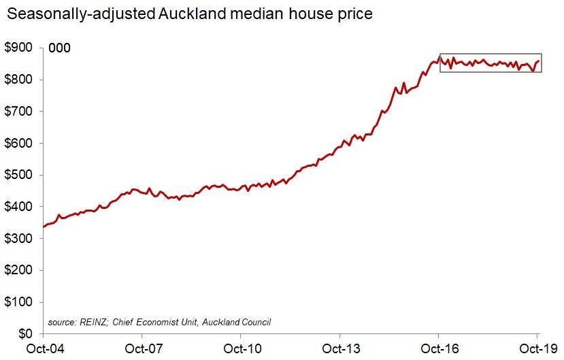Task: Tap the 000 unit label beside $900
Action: point(59,48)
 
